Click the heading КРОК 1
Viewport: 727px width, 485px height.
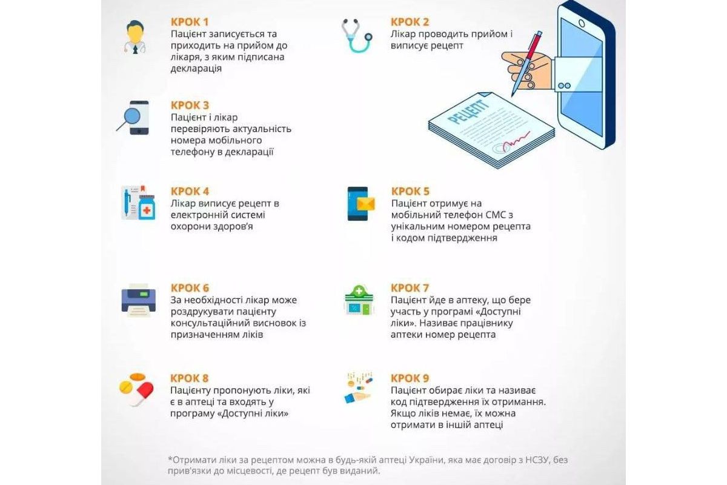(190, 22)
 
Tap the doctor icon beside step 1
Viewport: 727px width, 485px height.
(135, 37)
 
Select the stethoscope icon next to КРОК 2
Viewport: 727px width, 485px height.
(357, 35)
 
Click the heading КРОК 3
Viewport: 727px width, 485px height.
(190, 105)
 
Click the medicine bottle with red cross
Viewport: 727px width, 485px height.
(147, 207)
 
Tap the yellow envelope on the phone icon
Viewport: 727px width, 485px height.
(366, 204)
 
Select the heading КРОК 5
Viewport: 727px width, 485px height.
(410, 192)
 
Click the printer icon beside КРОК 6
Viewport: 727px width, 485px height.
(139, 300)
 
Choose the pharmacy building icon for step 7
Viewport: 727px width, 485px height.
(359, 300)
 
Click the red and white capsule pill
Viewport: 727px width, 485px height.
(142, 394)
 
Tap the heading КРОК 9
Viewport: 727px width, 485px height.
(410, 378)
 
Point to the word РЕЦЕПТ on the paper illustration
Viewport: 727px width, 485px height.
(468, 112)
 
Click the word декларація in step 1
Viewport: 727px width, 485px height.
(196, 69)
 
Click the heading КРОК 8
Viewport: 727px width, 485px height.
(190, 378)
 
